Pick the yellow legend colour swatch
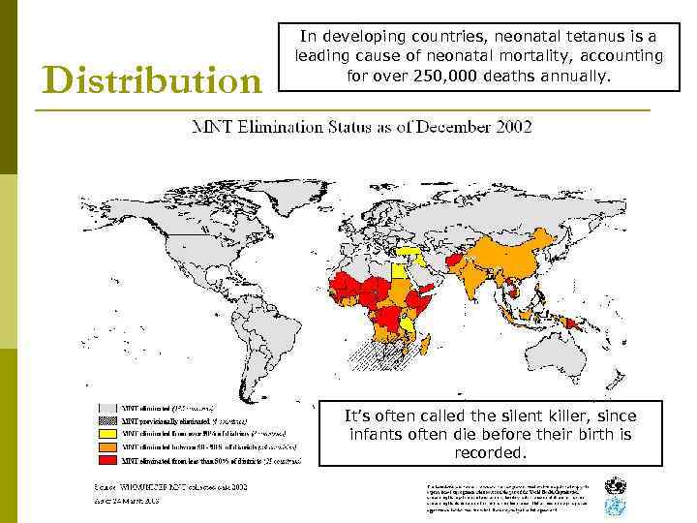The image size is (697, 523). coord(106,433)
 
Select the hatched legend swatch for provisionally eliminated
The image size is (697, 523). coord(106,420)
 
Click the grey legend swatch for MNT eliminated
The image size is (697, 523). coord(106,408)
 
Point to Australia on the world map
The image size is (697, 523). coord(561,358)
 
